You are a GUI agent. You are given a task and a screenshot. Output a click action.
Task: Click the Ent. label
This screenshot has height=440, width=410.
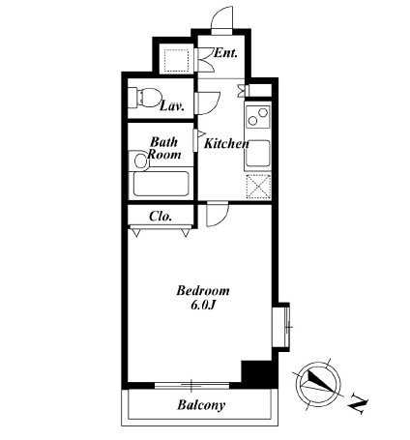pyautogui.click(x=225, y=53)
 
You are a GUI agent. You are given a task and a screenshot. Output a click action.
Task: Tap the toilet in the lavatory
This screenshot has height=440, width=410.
pyautogui.click(x=145, y=97)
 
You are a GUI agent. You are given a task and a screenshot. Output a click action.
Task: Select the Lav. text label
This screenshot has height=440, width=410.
pyautogui.click(x=172, y=106)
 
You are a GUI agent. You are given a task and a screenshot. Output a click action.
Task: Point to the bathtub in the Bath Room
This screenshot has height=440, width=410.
pyautogui.click(x=161, y=184)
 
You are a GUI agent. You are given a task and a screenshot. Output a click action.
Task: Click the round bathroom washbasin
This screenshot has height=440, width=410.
pyautogui.click(x=140, y=161)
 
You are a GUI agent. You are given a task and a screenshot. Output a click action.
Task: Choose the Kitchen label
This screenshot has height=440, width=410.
pyautogui.click(x=226, y=144)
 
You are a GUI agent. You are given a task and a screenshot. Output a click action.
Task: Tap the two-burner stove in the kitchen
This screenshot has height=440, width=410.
pyautogui.click(x=257, y=116)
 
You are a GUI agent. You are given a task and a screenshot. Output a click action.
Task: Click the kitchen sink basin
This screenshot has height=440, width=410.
pyautogui.click(x=258, y=153)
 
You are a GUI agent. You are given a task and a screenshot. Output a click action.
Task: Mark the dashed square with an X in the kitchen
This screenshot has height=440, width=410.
pyautogui.click(x=258, y=187)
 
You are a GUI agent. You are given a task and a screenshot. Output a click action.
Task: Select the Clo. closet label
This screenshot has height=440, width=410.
pyautogui.click(x=161, y=217)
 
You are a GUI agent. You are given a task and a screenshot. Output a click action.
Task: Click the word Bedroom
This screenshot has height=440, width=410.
pyautogui.click(x=203, y=291)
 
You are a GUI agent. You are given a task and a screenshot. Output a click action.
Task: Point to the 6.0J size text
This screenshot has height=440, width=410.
pyautogui.click(x=203, y=305)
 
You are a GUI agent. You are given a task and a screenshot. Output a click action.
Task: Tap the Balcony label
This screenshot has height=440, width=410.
pyautogui.click(x=201, y=405)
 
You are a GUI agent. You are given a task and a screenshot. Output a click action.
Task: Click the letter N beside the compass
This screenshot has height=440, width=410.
pyautogui.click(x=359, y=403)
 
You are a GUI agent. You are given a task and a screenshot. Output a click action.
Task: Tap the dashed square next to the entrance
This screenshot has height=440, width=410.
pyautogui.click(x=176, y=61)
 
